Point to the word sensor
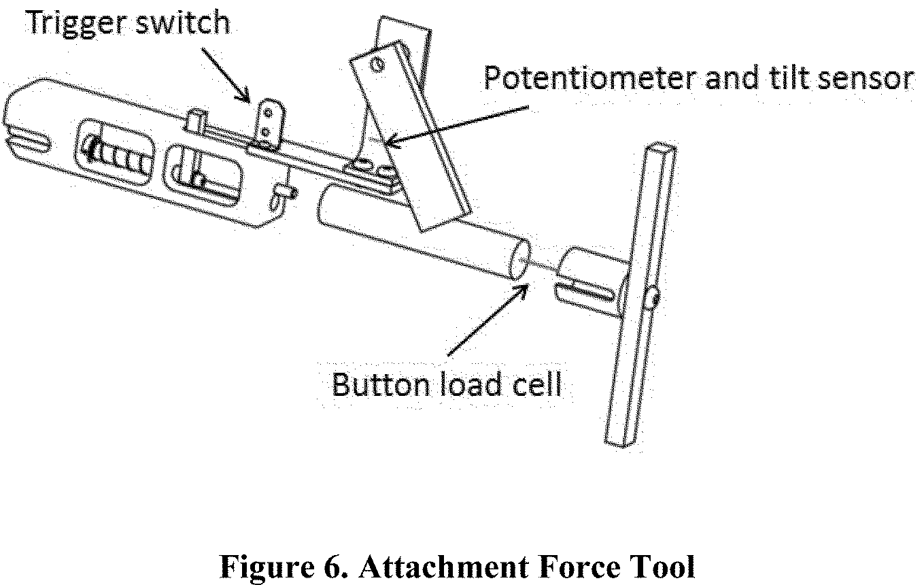point(866,80)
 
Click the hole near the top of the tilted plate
point(375,65)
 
